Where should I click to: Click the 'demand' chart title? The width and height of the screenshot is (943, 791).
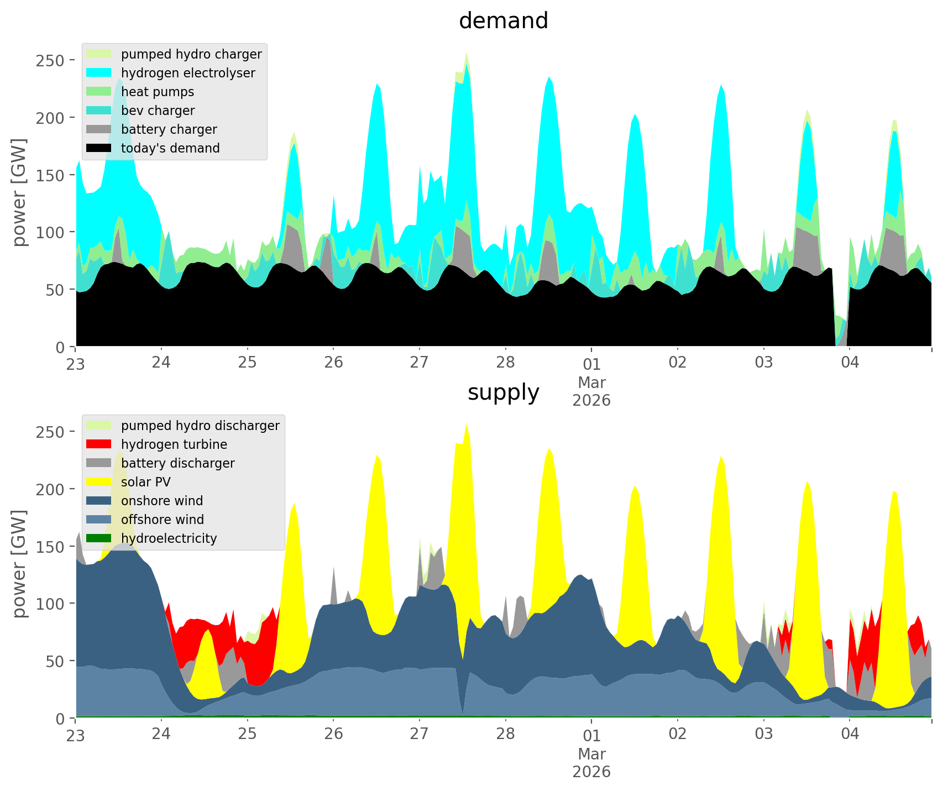point(503,21)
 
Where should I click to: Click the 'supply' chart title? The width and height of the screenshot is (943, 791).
point(503,392)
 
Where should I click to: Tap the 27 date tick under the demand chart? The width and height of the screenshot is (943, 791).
point(420,363)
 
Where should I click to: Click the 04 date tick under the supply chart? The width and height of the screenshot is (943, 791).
point(850,734)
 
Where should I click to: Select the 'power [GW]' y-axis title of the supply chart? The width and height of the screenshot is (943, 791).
point(20,564)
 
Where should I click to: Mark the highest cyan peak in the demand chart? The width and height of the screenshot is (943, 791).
point(467,66)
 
